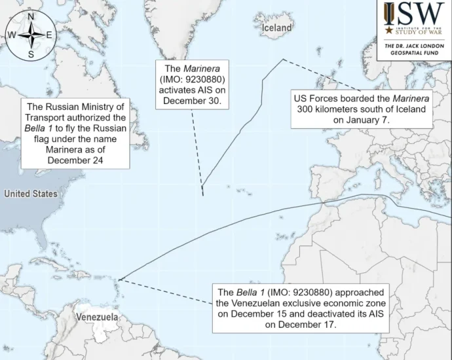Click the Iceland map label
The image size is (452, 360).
pos(276,28)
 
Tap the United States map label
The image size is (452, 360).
pos(30,194)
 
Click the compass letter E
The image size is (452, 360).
pos(50,35)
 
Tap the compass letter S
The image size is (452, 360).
pos(31,54)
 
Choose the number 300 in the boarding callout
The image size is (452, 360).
pos(307,110)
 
